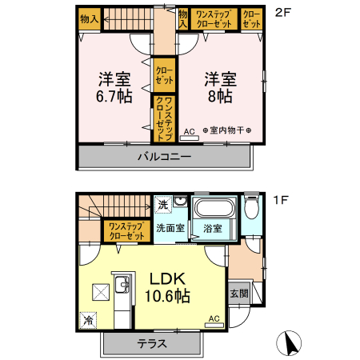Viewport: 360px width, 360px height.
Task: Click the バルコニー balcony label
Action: pos(162,156)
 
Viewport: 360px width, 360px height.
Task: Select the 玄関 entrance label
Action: pos(239,294)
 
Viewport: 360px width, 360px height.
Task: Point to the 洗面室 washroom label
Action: pos(170,229)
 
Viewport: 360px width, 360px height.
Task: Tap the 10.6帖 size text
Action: pos(168,296)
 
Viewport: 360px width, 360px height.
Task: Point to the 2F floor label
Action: pos(281,13)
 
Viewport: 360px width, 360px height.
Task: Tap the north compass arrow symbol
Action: pos(290,344)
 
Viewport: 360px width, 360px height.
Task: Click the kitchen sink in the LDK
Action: pos(122,284)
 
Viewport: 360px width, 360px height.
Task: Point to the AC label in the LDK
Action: pos(214,318)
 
